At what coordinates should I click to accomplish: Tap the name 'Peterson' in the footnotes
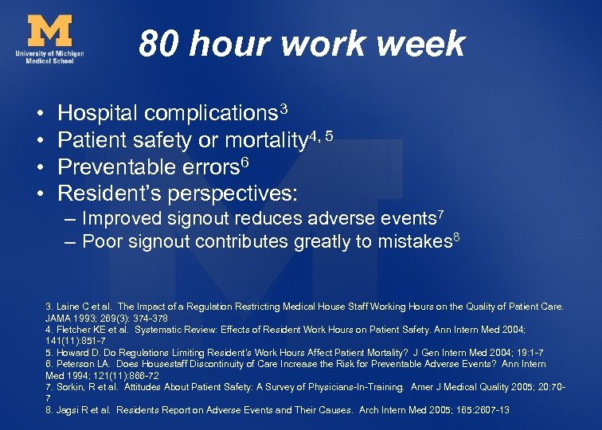point(76,364)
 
